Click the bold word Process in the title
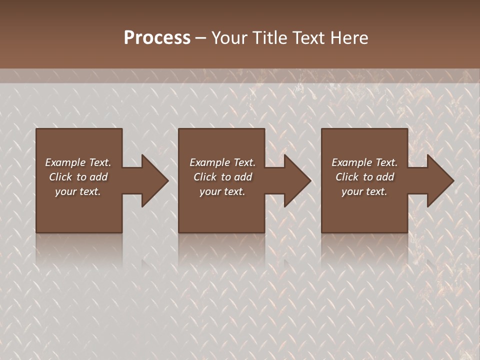pos(157,38)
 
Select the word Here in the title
pos(348,38)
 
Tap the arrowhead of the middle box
pos(296,181)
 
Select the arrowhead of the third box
pos(439,181)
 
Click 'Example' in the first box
pos(65,162)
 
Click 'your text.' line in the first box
pos(78,191)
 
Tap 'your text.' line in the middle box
pos(222,191)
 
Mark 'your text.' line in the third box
pos(364,191)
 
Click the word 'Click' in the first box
pos(60,177)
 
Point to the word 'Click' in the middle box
pos(205,177)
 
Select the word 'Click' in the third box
pos(347,177)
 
